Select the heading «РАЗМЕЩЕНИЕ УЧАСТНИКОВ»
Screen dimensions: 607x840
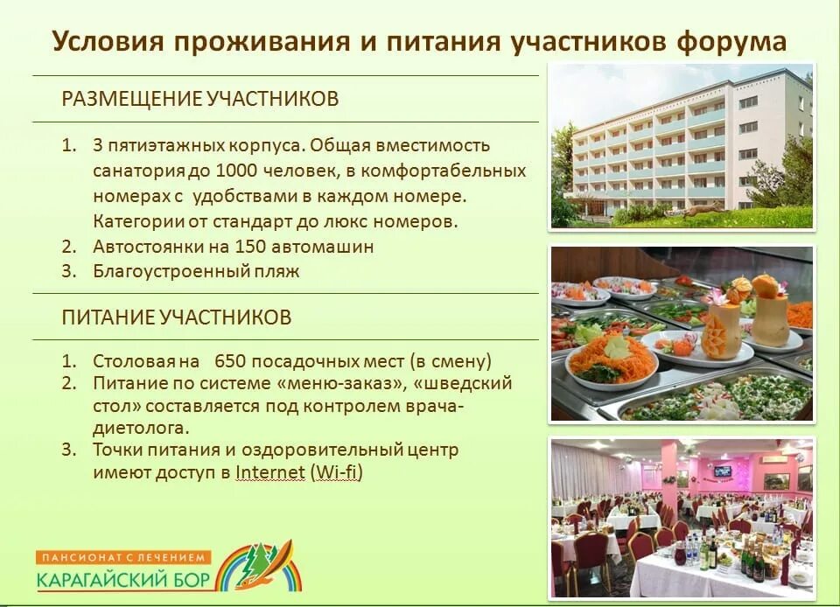pyautogui.click(x=199, y=99)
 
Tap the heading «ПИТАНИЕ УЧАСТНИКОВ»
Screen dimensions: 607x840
pyautogui.click(x=176, y=317)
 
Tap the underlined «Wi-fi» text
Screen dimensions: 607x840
pyautogui.click(x=336, y=473)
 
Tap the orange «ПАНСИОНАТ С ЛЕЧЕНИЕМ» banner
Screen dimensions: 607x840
pyautogui.click(x=124, y=557)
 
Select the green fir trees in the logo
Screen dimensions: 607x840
pyautogui.click(x=259, y=560)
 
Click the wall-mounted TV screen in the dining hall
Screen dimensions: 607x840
pyautogui.click(x=722, y=471)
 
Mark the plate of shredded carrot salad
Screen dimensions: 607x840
pyautogui.click(x=612, y=359)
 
